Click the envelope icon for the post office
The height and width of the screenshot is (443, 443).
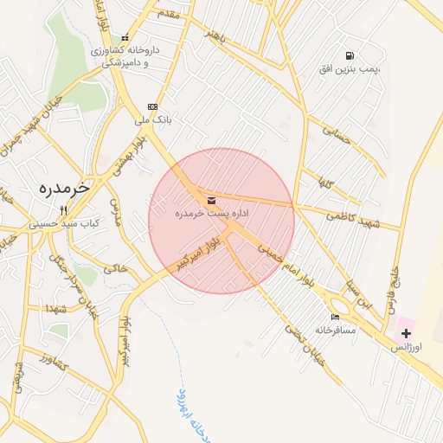[x=212, y=201]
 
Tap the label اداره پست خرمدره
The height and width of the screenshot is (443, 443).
[x=212, y=213]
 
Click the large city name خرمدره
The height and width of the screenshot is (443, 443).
[x=66, y=187]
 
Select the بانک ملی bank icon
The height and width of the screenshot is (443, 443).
[x=153, y=106]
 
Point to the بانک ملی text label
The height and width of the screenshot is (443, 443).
[x=152, y=119]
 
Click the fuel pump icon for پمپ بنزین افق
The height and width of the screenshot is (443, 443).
[x=350, y=55]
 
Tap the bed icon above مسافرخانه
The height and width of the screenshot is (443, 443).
[x=335, y=318]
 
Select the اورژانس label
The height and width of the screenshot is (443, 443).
[x=404, y=346]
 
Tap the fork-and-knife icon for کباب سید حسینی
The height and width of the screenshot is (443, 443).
[x=63, y=210]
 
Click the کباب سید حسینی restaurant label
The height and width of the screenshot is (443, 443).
[x=64, y=222]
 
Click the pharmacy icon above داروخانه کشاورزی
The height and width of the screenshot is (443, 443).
[x=126, y=38]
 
